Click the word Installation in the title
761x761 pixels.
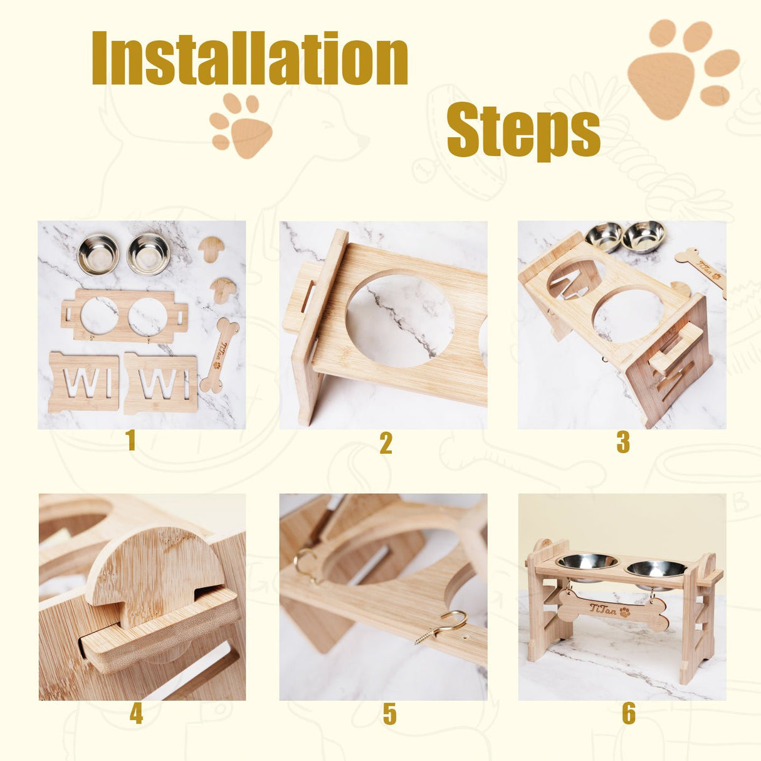[249, 58]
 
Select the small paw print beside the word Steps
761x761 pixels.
[241, 126]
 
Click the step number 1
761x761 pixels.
[130, 441]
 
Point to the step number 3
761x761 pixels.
[622, 443]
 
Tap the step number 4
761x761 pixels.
[136, 713]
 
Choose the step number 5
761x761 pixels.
[389, 714]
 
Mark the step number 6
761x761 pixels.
[629, 713]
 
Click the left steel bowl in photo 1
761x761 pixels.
[98, 254]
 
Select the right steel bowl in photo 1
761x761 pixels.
[149, 253]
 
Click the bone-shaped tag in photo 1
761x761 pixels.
[219, 354]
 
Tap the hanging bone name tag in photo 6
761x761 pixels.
[612, 609]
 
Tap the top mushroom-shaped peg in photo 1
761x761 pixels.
[213, 248]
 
